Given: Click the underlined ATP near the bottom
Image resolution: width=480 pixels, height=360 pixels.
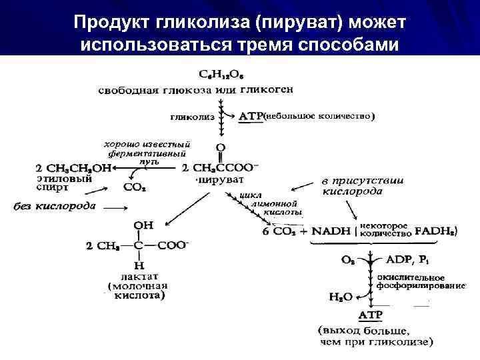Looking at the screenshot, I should click(x=371, y=314).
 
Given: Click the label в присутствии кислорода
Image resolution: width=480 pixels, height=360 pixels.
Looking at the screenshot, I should click(x=353, y=186).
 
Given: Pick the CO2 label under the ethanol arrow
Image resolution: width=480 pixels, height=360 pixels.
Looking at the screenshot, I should click(x=135, y=188).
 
